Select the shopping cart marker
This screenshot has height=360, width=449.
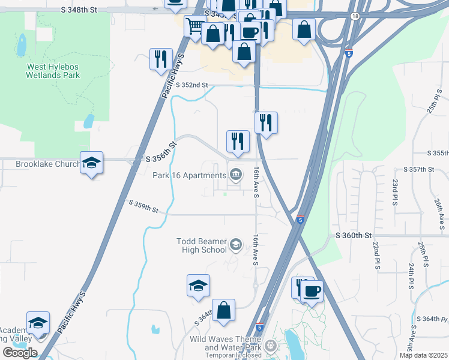pyautogui.click(x=194, y=27)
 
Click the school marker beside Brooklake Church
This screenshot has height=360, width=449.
pyautogui.click(x=91, y=163)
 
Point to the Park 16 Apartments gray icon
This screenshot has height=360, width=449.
pyautogui.click(x=237, y=175)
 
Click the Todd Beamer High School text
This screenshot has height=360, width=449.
pyautogui.click(x=202, y=245)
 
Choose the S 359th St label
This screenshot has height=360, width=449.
pyautogui.click(x=143, y=206)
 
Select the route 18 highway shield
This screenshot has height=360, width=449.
pyautogui.click(x=356, y=17)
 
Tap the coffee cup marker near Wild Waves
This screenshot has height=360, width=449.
pyautogui.click(x=312, y=292)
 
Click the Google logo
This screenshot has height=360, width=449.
pyautogui.click(x=19, y=353)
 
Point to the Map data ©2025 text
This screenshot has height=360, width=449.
pyautogui.click(x=423, y=355)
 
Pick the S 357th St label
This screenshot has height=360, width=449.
pyautogui.click(x=418, y=170)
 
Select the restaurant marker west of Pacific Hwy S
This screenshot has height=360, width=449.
pyautogui.click(x=160, y=59)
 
